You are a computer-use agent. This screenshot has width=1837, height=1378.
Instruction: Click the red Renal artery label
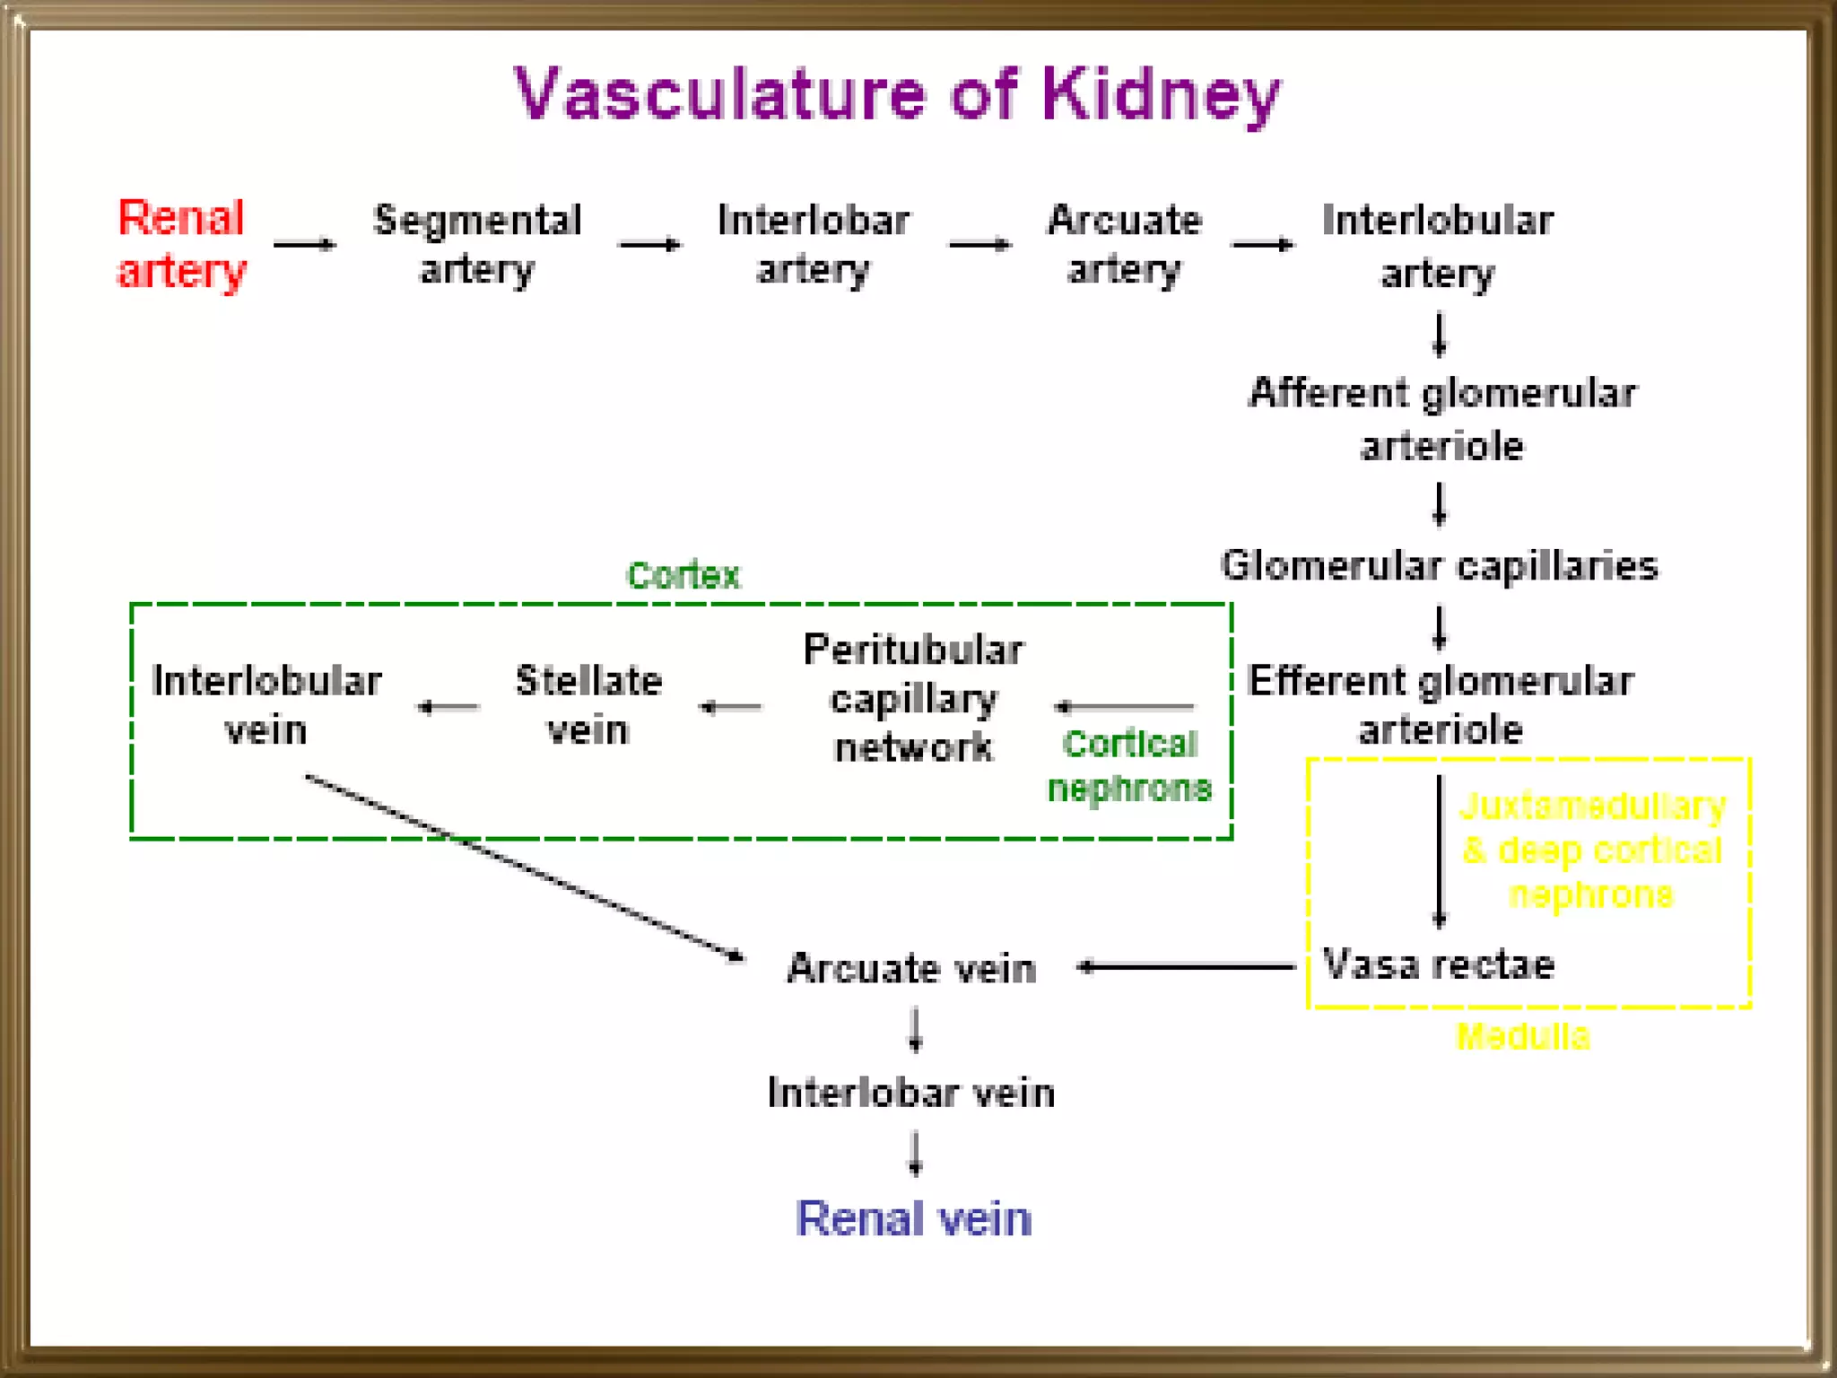tap(181, 244)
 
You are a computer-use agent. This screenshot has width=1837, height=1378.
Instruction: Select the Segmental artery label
tap(477, 244)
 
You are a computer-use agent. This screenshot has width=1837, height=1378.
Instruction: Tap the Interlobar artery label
tap(813, 244)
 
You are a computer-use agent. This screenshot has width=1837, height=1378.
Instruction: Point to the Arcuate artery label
tap(1124, 244)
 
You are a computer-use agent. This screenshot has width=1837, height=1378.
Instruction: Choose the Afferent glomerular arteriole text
tap(1442, 419)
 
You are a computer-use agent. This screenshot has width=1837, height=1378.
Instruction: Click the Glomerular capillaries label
tap(1439, 566)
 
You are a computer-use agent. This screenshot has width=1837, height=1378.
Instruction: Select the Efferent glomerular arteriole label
tap(1441, 705)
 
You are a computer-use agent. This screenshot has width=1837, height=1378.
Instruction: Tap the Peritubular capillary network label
tap(913, 698)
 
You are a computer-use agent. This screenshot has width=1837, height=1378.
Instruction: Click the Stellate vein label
tap(588, 705)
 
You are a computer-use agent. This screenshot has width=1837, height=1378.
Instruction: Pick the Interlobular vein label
tap(266, 705)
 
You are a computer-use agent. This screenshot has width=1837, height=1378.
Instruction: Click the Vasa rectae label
tap(1438, 965)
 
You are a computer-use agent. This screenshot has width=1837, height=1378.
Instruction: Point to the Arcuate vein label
tap(911, 969)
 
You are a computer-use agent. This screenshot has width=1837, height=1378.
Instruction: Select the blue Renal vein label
tap(913, 1219)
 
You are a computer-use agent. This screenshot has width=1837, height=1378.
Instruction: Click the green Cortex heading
tap(683, 575)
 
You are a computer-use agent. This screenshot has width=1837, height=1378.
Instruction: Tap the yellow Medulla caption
tap(1522, 1037)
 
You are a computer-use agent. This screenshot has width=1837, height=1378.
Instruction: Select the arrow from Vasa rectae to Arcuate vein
tap(1186, 966)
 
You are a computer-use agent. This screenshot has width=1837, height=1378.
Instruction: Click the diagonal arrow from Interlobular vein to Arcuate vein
tap(525, 868)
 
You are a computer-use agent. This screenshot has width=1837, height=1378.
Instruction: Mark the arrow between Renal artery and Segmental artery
tap(304, 244)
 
